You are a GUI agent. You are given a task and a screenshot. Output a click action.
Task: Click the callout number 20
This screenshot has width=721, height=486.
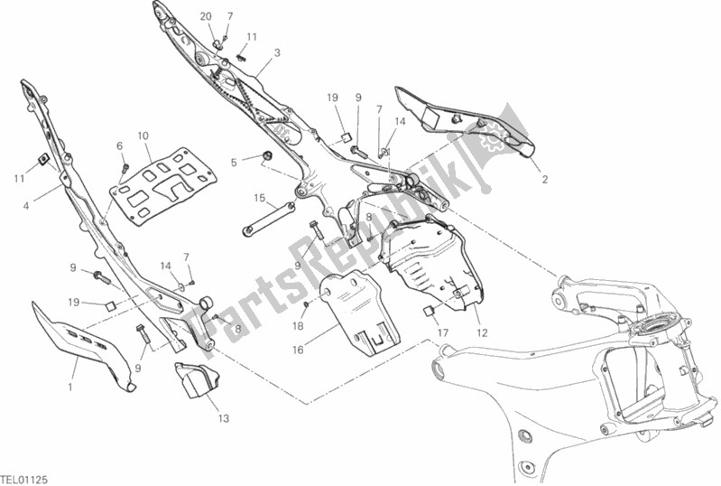tap(206, 16)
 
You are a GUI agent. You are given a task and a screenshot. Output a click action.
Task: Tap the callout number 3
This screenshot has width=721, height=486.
tap(277, 53)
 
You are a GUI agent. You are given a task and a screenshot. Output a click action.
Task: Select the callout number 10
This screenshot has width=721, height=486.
tap(143, 136)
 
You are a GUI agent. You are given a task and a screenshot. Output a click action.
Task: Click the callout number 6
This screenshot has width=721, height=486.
tap(119, 146)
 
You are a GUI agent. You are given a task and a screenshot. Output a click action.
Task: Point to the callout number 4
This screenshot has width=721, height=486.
tap(26, 206)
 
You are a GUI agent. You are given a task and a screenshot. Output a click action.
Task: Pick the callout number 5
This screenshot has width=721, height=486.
tap(234, 162)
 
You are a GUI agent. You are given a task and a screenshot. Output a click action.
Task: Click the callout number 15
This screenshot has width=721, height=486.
tap(260, 198)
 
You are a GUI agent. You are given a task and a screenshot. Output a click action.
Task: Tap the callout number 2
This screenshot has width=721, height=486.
tap(545, 180)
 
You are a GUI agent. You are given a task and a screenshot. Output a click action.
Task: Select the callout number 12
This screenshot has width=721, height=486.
tap(482, 332)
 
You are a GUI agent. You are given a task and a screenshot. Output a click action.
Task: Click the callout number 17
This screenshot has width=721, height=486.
tap(442, 332)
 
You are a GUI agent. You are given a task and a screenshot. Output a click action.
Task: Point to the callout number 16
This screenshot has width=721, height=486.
tap(298, 350)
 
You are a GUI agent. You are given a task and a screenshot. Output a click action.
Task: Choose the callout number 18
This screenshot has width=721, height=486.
tap(298, 326)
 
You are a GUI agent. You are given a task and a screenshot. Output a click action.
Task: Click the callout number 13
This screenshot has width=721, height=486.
tap(223, 419)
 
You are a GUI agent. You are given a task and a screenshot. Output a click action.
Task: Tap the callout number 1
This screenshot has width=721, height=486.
tap(70, 388)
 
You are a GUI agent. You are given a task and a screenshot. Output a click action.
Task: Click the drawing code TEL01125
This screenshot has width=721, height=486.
tap(25, 480)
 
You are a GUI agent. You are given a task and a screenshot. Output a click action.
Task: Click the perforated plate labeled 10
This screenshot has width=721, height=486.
tap(162, 187)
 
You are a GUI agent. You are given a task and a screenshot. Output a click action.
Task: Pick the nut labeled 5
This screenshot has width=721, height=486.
tap(266, 155)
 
